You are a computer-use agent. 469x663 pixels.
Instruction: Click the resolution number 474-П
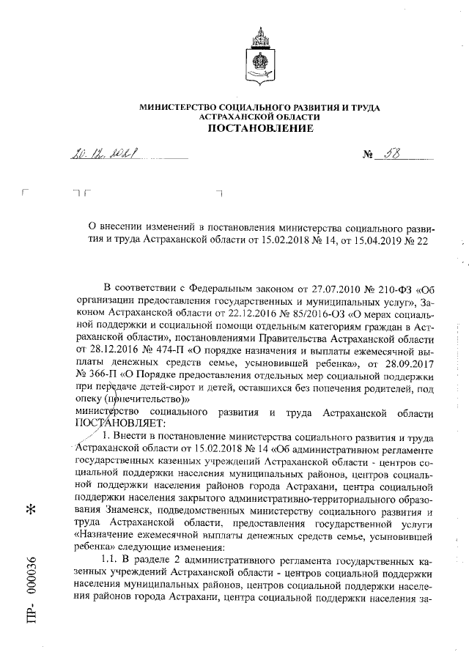(x=166, y=351)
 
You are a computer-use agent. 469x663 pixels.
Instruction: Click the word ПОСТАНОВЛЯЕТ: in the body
(x=122, y=423)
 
